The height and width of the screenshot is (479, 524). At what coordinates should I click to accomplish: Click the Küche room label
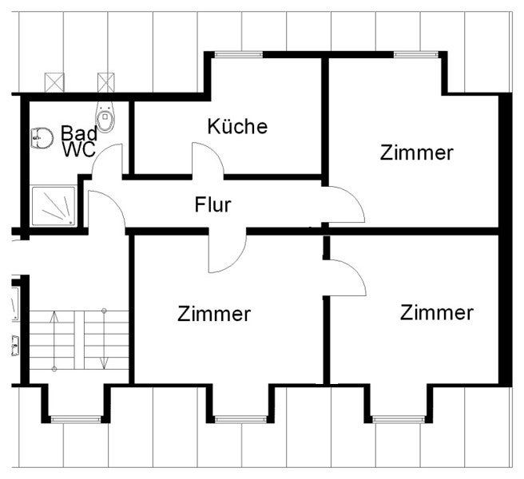[237, 126]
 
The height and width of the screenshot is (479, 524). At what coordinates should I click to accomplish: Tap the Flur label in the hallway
[212, 204]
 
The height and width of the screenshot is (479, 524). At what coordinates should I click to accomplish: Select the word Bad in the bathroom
[79, 133]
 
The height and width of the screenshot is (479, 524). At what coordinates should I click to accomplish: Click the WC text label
[79, 149]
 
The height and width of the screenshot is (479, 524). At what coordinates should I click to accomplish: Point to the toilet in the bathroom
[106, 117]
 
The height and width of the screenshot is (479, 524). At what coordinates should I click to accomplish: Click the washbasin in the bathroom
[42, 137]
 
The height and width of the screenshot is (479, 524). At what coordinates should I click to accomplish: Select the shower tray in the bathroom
[54, 206]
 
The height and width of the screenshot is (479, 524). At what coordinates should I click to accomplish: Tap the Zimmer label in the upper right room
[416, 152]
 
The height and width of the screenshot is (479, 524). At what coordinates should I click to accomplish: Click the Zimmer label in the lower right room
[437, 313]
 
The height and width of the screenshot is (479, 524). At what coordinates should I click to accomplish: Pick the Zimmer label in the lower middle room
[214, 314]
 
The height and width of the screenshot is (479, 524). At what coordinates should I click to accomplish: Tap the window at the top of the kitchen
[238, 54]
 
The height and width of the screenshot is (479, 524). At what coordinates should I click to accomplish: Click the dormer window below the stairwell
[76, 419]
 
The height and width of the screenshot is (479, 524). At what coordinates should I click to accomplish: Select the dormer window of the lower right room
[399, 419]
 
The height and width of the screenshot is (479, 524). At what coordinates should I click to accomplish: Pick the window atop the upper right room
[415, 54]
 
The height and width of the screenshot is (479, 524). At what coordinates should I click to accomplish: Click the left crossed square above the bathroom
[54, 82]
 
